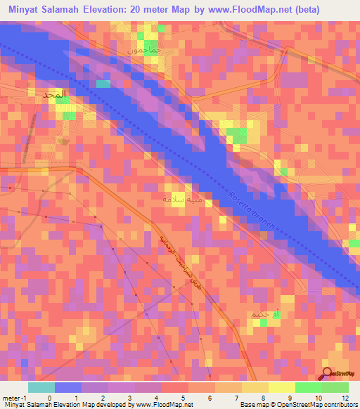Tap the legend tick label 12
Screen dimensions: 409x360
[x=345, y=397]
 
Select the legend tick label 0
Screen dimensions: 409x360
[x=49, y=397]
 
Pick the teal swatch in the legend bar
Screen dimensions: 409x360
[x=41, y=387]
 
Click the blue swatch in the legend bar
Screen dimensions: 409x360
[x=68, y=387]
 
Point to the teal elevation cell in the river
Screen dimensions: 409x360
[x=103, y=84]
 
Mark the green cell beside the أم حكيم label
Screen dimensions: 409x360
[x=263, y=323]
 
